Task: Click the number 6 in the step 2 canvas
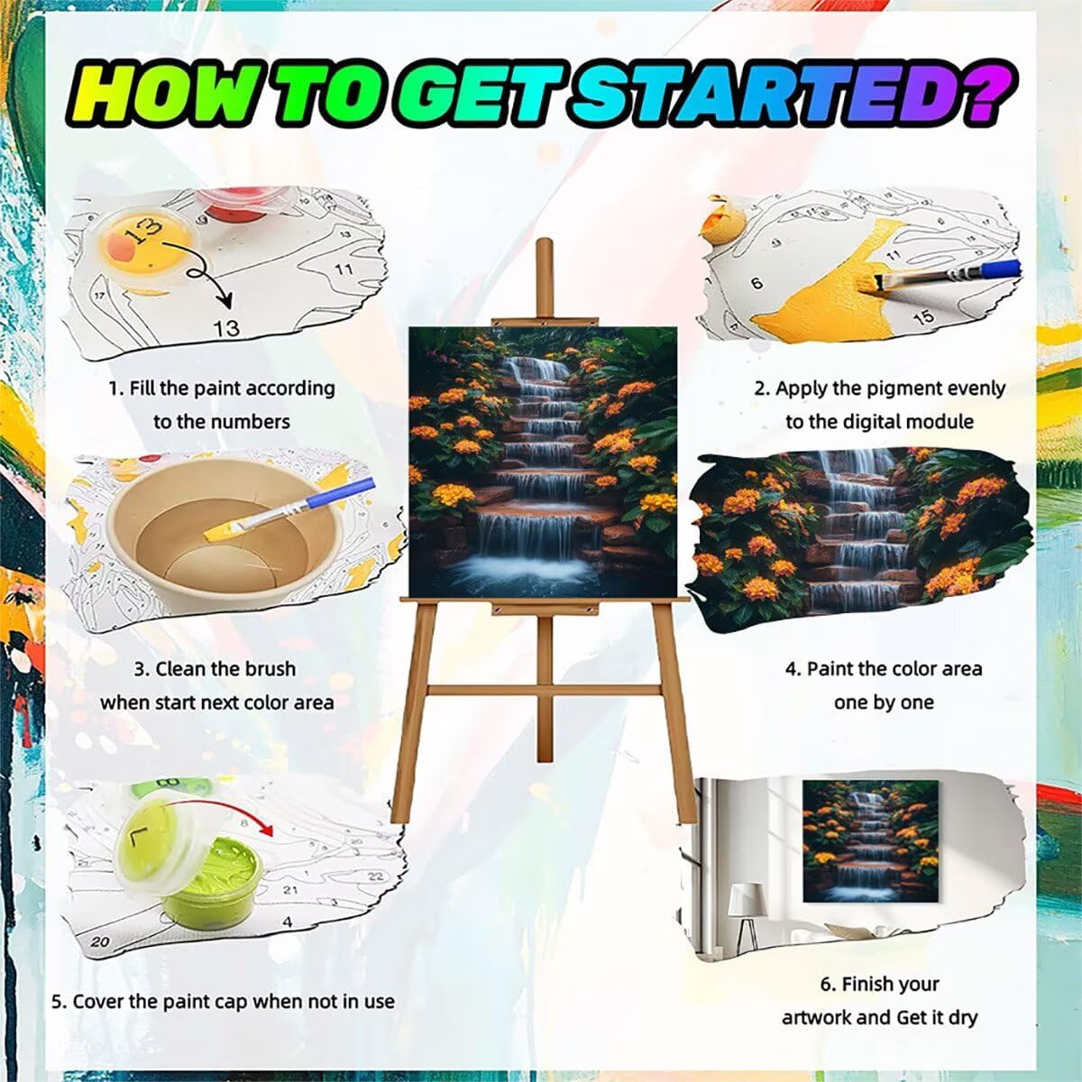click(x=757, y=283)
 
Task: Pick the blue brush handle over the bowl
click(x=340, y=493)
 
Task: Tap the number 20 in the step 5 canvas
click(x=99, y=941)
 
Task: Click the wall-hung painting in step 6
click(x=871, y=841)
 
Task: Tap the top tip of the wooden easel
click(x=543, y=241)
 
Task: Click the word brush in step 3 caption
click(x=266, y=669)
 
